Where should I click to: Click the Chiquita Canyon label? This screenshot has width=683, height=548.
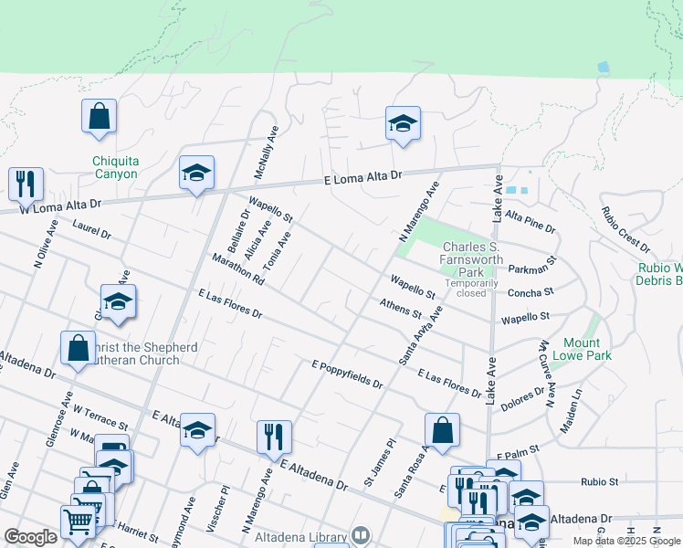(115, 167)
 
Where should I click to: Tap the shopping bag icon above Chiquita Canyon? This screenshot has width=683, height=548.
(99, 118)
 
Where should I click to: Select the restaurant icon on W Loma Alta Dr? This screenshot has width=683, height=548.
(26, 184)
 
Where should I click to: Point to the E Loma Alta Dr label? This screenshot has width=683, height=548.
(363, 178)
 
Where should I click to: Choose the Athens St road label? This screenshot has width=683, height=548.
(401, 308)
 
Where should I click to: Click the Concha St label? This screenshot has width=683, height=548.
(531, 292)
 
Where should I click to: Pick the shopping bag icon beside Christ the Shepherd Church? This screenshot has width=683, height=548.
(78, 348)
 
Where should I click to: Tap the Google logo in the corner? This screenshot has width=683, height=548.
(30, 537)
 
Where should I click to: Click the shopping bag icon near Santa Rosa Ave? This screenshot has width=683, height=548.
(442, 431)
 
